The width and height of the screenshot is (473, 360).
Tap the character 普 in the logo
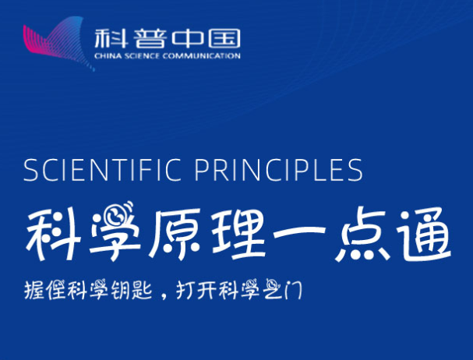[x=150, y=39]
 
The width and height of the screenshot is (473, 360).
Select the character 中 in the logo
[x=188, y=39]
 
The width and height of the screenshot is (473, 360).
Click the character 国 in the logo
[x=224, y=39]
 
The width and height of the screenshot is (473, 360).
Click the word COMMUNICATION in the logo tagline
[x=201, y=56]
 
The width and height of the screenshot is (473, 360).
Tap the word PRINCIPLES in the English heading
[x=278, y=170]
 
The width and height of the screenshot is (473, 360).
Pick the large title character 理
[x=238, y=233]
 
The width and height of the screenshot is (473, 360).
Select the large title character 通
[x=424, y=234]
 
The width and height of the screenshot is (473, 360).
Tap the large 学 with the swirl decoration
[x=115, y=231]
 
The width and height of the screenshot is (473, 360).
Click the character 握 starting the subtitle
[x=34, y=290]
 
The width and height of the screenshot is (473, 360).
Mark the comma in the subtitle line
[x=164, y=296]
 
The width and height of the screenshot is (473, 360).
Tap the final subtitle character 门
[x=294, y=290]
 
